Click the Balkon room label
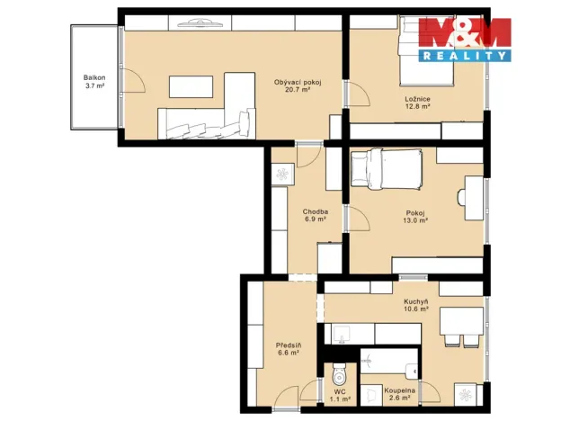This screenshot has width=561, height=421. [94, 78]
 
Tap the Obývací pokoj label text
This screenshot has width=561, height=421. [298, 83]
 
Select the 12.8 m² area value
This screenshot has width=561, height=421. [417, 106]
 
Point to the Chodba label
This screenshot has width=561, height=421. [315, 212]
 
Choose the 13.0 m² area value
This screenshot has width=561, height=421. [415, 219]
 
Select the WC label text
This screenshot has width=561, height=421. [339, 392]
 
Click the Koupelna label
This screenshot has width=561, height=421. [399, 392]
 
